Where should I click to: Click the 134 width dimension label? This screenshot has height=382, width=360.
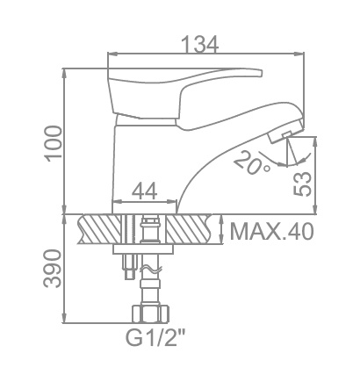pos(199,45)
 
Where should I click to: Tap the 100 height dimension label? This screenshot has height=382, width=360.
pos(54,143)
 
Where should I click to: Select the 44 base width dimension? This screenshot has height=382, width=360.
pos(145,191)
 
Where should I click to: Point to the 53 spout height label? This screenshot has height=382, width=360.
pos(302,184)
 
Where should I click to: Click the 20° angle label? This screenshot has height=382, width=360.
pos(252,163)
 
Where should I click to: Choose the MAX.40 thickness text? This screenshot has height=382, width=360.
pos(272,232)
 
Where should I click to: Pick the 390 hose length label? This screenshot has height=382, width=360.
pos(53,269)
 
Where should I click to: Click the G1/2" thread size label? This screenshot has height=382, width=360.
pos(155,338)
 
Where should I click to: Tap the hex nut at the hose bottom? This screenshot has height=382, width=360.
pos(151,314)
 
